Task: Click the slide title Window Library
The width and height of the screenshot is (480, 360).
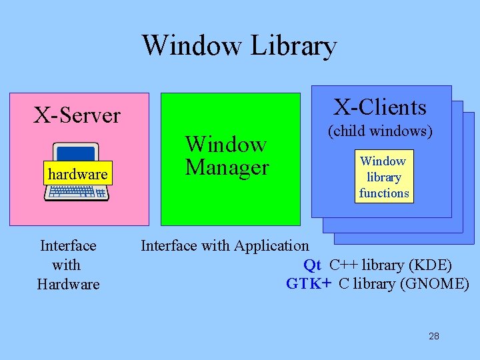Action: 239,45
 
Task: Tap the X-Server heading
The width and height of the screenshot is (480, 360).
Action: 77,115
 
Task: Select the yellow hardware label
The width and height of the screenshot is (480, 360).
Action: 78,175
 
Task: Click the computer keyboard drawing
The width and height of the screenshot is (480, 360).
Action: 77,193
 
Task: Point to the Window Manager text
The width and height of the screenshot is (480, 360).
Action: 227,155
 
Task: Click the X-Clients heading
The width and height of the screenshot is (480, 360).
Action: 380,107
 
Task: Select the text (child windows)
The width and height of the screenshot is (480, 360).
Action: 380,131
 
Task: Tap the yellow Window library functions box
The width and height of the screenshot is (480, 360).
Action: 383,177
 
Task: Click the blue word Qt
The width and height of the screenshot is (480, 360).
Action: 312,265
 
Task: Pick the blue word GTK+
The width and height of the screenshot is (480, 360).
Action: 309,283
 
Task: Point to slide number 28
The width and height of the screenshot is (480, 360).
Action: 434,336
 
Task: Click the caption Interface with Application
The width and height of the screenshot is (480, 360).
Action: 225,245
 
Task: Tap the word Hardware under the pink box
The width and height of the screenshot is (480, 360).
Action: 68,284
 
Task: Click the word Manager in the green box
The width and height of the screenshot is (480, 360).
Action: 227,167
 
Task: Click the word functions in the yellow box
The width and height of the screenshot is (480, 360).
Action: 384,193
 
